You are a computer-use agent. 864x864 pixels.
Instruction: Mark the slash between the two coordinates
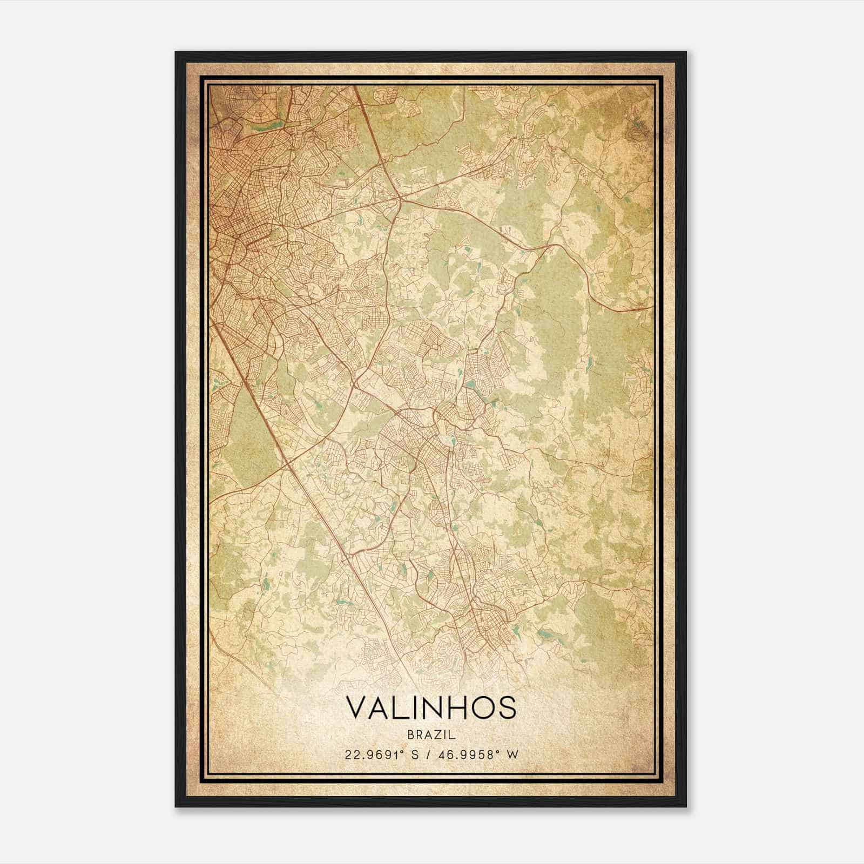point(429,754)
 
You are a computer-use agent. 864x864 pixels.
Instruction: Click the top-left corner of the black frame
point(176,52)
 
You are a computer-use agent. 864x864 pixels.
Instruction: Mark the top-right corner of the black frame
point(686,52)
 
